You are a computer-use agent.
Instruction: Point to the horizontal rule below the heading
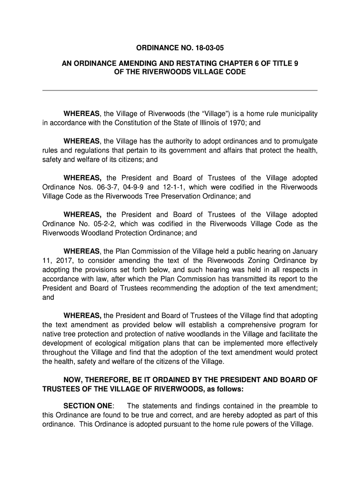(x=180, y=90)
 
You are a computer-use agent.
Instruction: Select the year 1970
(x=232, y=123)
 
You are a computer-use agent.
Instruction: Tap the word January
(x=304, y=251)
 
